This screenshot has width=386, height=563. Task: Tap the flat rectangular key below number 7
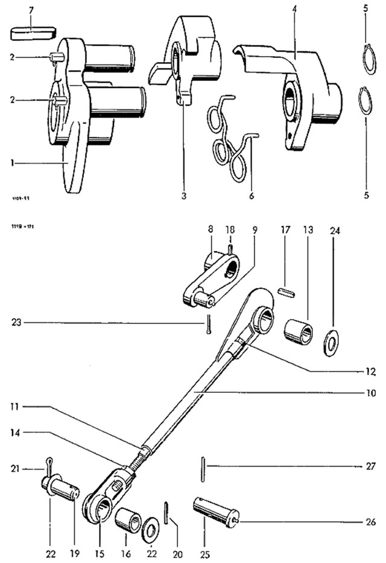point(34,31)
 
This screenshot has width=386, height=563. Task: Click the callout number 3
point(185,196)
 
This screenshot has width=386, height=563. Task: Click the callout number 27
point(371,466)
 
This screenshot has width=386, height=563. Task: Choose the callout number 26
point(371,521)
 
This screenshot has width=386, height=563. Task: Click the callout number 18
point(230,230)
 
